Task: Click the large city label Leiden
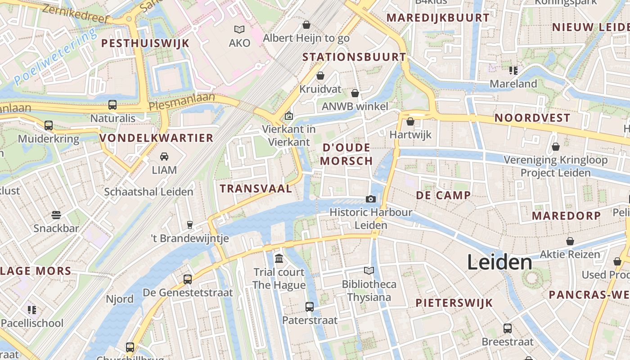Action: click(499, 262)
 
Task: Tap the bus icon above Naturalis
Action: click(112, 105)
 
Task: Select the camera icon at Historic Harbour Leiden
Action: click(370, 199)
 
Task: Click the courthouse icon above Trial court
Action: click(279, 259)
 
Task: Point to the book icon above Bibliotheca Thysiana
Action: click(369, 270)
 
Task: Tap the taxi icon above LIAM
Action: click(164, 157)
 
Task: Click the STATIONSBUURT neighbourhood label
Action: click(355, 57)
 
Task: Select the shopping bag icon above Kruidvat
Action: click(320, 76)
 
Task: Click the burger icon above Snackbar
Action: click(56, 215)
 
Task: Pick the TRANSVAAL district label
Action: click(256, 189)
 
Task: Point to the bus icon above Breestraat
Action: click(508, 328)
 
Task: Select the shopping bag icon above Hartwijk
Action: click(410, 121)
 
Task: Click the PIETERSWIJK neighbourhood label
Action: click(454, 303)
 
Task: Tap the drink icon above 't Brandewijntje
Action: click(190, 225)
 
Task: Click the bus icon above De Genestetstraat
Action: click(188, 279)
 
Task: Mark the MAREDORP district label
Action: click(567, 216)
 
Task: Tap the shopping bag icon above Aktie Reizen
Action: click(570, 241)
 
